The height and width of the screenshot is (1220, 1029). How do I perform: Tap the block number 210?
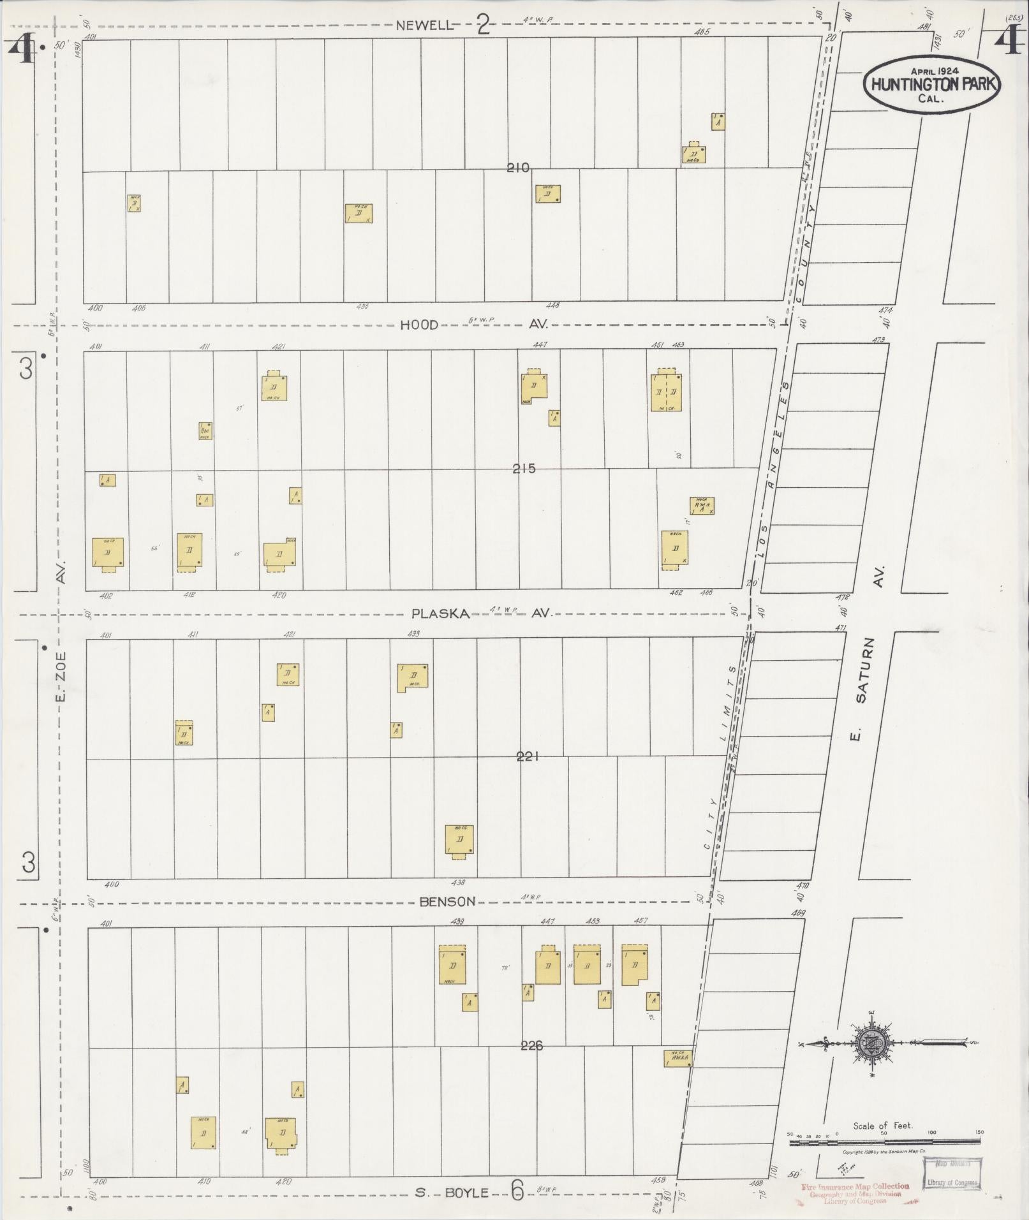(x=518, y=168)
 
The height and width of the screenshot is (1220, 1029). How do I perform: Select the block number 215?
(x=524, y=469)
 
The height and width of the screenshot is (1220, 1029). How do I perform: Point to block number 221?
(x=529, y=756)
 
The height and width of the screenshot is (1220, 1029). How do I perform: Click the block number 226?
(x=531, y=1045)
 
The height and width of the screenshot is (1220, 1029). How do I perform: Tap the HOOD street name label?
(x=419, y=325)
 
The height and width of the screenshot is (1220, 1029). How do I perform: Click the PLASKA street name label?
(x=441, y=614)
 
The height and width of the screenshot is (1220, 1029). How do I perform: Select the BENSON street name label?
(x=447, y=901)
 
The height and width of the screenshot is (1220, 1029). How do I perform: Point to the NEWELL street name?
(x=425, y=26)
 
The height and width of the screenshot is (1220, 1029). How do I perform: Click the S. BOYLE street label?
(x=452, y=1193)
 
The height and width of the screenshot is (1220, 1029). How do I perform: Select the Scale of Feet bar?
(x=887, y=1143)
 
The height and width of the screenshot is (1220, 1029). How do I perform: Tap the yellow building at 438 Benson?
(x=460, y=840)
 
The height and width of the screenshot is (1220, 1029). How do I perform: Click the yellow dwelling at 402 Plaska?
(x=108, y=552)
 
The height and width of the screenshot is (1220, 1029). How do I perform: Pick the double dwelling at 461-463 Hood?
(x=666, y=392)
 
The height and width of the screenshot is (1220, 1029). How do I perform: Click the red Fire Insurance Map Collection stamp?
(x=855, y=1191)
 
